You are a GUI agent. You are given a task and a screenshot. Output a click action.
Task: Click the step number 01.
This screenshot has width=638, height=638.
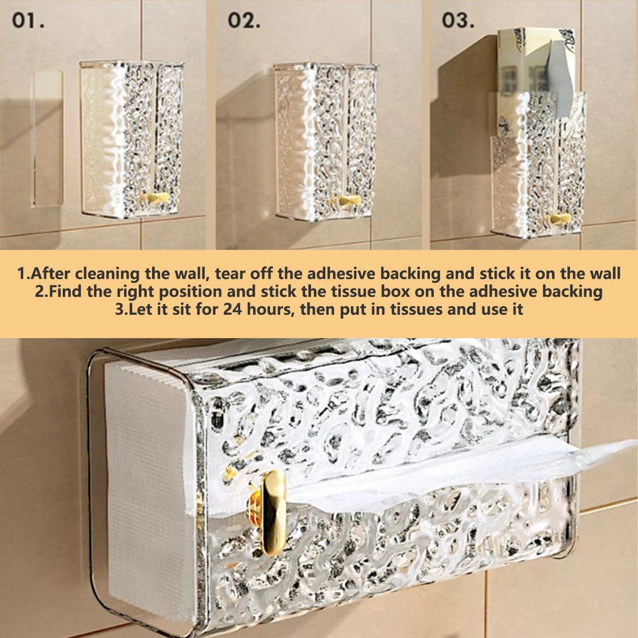[x=28, y=21]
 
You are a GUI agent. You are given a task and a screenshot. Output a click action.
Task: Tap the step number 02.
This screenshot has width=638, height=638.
[x=244, y=21]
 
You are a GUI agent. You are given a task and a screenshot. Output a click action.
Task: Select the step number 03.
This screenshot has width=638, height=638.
[x=458, y=21]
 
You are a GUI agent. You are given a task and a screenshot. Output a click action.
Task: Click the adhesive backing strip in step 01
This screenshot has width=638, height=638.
[x=47, y=138]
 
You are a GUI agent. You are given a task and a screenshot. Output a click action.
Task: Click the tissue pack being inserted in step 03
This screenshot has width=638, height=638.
[x=536, y=83]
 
